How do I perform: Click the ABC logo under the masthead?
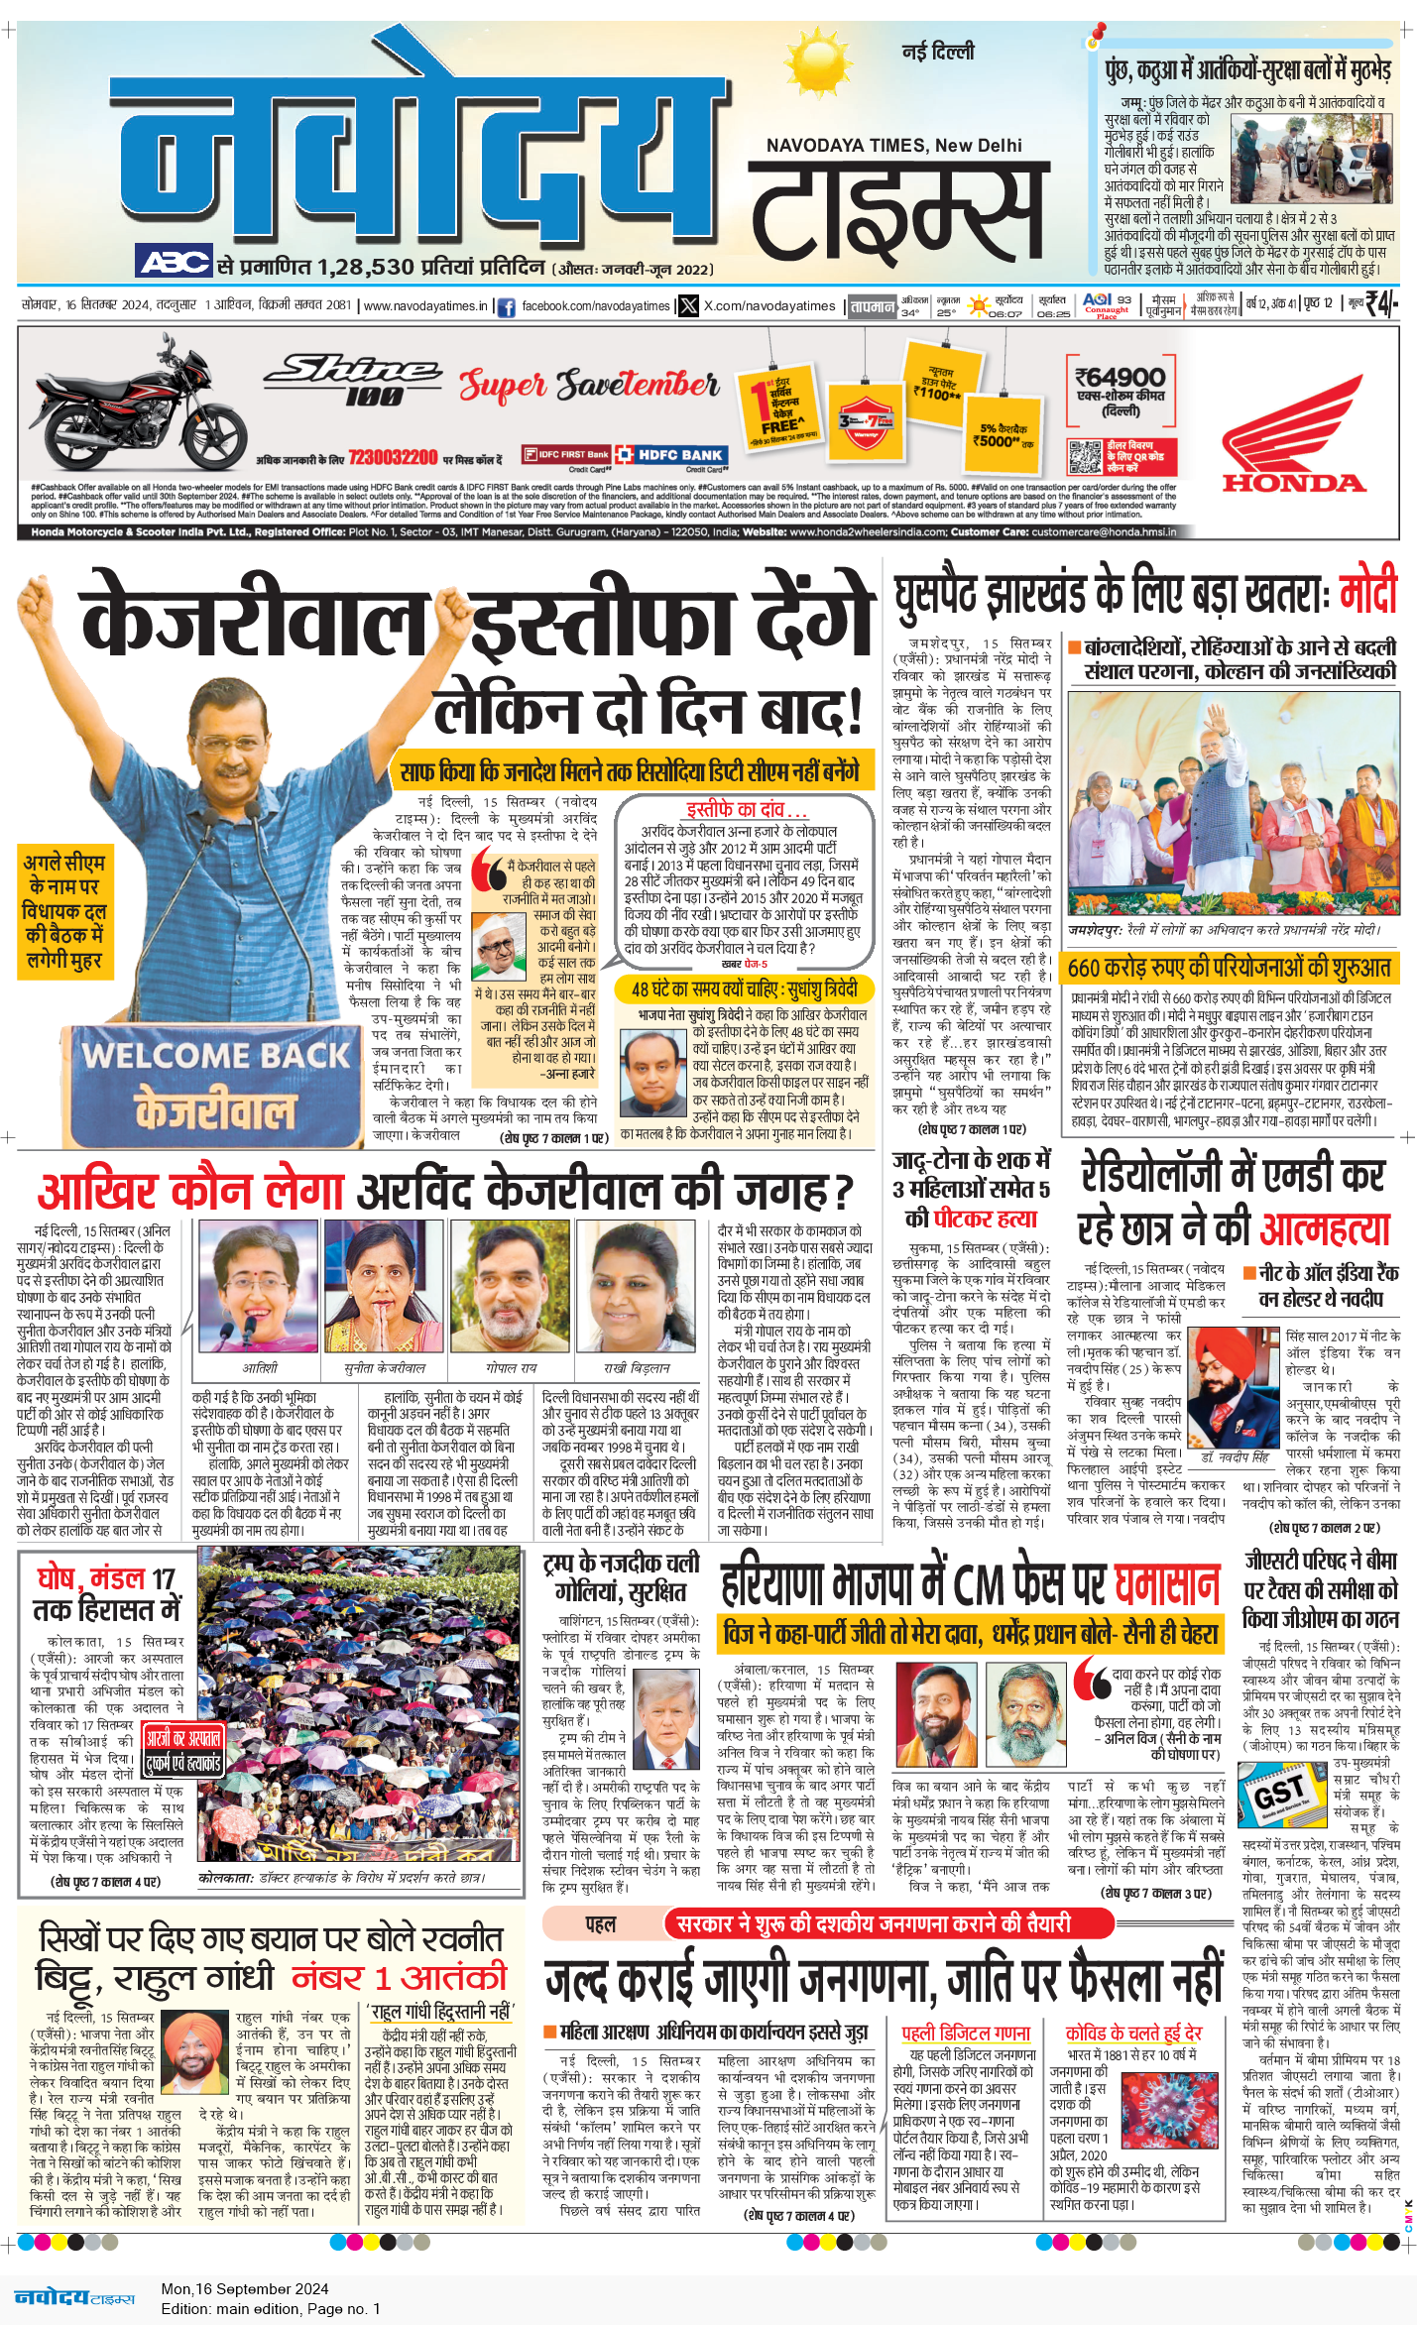click(x=174, y=262)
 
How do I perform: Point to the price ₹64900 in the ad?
click(x=1121, y=378)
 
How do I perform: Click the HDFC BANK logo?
click(x=671, y=455)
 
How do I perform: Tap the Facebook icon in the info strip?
click(x=506, y=307)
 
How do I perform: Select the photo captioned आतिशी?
click(x=259, y=1286)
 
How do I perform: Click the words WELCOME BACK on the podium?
click(x=216, y=1055)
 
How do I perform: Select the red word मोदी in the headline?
click(x=1367, y=593)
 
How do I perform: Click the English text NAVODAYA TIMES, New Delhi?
click(x=893, y=146)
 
